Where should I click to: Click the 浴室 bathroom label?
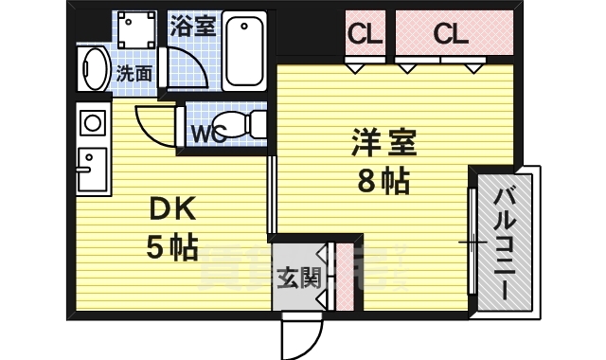coord(192,26)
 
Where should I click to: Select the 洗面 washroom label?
coord(134,72)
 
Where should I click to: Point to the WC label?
coord(208,133)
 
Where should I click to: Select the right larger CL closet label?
coord(451,35)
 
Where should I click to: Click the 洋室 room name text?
coord(383,144)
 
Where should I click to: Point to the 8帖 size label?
coord(383,179)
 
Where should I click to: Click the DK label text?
coord(169,208)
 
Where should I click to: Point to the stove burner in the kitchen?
coord(92,122)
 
